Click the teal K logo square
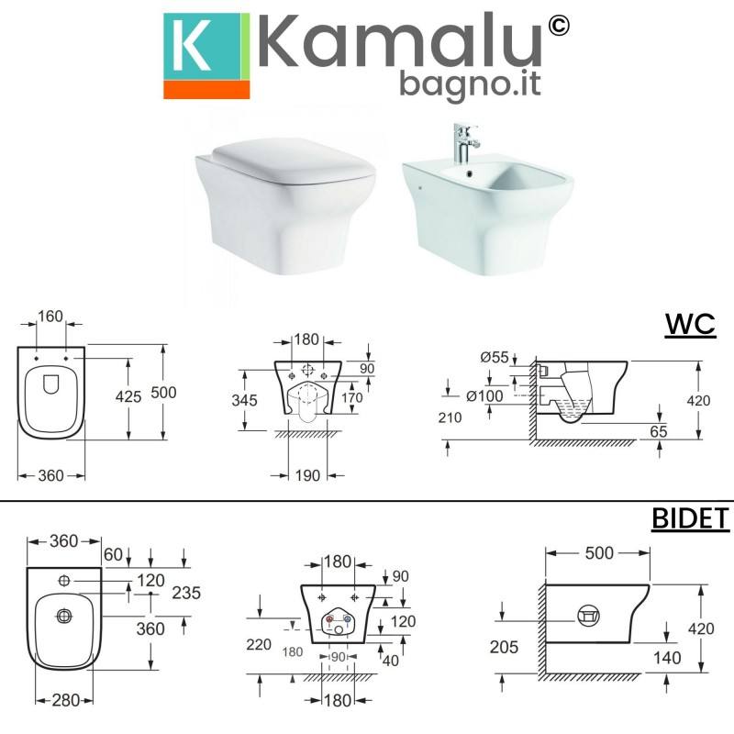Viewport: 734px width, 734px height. coord(202,47)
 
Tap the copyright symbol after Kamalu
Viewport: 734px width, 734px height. coord(558,26)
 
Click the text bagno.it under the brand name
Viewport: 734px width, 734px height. coord(470,84)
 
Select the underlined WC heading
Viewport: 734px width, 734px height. coord(690,324)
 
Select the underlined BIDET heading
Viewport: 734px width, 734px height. coord(691,518)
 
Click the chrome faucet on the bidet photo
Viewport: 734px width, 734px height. coord(465,143)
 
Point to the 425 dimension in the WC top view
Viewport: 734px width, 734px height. coord(128,396)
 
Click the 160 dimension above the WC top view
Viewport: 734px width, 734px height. coord(50,317)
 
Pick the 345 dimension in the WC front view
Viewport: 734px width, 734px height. coord(244,400)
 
